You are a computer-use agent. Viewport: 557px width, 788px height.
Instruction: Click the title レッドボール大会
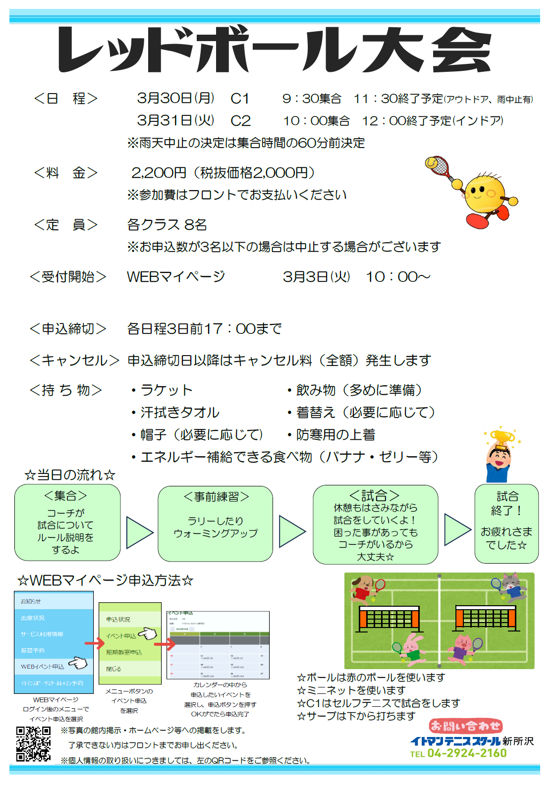pos(275,50)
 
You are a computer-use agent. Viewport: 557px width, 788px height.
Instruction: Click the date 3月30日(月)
pos(175,98)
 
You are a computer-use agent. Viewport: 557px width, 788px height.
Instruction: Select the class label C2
pos(241,120)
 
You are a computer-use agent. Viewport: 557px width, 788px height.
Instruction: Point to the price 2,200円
pos(159,173)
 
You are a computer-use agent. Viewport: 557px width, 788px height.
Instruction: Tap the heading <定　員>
pos(65,225)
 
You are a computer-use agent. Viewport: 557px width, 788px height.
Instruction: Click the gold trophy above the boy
pos(502,438)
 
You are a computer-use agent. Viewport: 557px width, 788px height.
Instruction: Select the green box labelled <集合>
pos(67,523)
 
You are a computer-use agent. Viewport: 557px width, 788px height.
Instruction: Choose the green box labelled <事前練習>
pos(216,524)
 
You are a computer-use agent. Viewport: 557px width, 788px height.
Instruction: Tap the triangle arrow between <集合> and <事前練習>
pos(139,532)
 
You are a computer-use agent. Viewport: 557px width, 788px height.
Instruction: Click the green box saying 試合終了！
pos(506,524)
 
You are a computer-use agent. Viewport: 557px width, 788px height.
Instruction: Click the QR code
pos(33,743)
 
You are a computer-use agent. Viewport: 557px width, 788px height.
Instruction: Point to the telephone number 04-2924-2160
pos(467,753)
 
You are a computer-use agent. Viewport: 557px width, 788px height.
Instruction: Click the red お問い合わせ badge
pos(465,726)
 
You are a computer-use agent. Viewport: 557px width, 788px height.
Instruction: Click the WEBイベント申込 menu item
pos(44,667)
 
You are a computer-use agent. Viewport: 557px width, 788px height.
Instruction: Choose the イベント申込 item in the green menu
pos(121,636)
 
